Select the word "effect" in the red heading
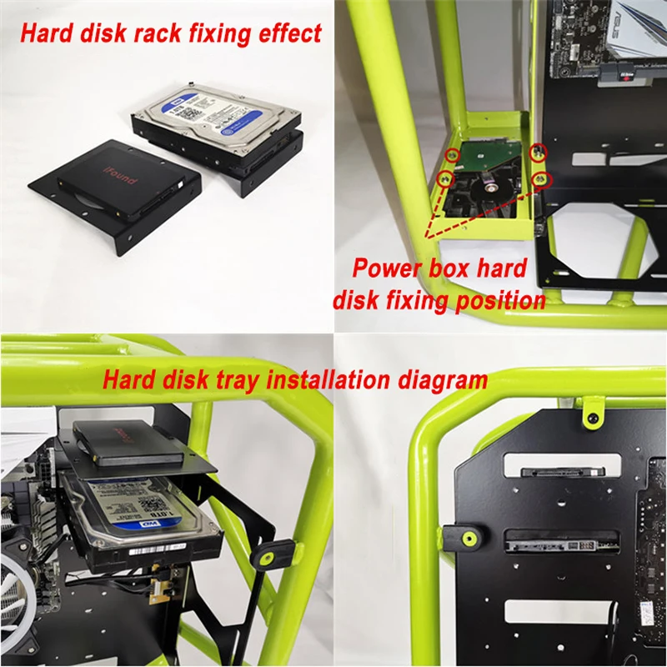click(288, 33)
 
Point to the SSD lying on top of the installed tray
click(127, 441)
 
